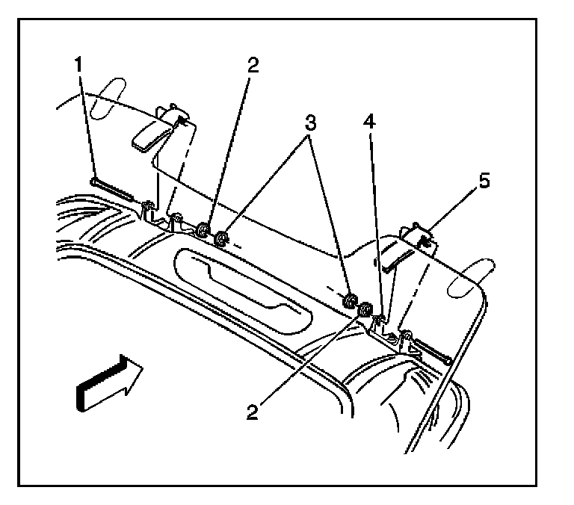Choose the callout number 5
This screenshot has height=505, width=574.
point(485,182)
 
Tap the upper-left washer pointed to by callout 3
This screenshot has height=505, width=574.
point(221,240)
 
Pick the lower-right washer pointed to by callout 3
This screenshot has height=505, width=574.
point(349,302)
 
